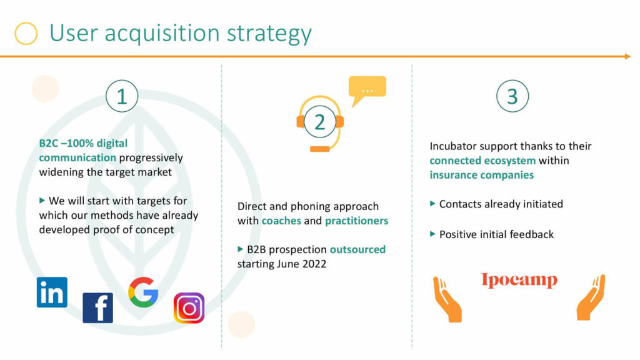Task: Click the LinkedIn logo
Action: click(52, 292)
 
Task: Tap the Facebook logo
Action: click(98, 307)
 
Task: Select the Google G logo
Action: click(143, 292)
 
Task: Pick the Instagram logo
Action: click(189, 307)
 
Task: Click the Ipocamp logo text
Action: click(519, 281)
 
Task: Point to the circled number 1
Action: click(122, 96)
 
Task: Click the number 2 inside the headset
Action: click(319, 122)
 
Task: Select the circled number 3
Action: click(512, 96)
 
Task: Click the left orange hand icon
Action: click(447, 299)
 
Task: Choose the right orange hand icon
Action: click(591, 297)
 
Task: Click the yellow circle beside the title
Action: click(26, 34)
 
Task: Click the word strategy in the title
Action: click(269, 34)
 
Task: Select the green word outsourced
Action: click(357, 249)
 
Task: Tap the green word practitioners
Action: click(356, 221)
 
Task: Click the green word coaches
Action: click(281, 221)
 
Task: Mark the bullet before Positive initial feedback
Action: click(432, 234)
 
